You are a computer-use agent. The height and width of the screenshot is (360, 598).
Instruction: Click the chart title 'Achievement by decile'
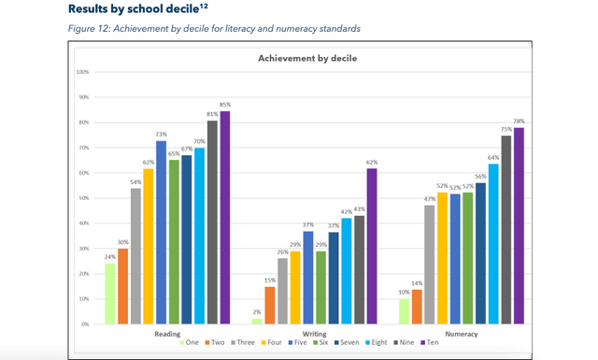click(307, 58)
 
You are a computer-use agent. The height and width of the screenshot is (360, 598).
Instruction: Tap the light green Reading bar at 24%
click(110, 294)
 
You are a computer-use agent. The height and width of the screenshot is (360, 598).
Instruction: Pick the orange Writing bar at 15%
click(269, 305)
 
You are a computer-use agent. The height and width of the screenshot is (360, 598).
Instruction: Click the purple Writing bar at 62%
click(372, 246)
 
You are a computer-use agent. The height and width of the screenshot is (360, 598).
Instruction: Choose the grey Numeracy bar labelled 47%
click(430, 265)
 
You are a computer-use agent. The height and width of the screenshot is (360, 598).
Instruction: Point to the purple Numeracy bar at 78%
click(519, 225)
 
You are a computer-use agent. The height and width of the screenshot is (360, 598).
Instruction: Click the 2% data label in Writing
click(257, 312)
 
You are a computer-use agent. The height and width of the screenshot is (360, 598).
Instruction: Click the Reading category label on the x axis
click(167, 333)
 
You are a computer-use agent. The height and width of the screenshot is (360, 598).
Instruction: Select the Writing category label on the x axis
click(314, 333)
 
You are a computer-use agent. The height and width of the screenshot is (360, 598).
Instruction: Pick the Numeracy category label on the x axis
click(462, 333)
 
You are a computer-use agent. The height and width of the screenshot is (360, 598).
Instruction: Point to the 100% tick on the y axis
click(82, 72)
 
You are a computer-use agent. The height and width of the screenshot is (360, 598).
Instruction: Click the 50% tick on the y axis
click(83, 198)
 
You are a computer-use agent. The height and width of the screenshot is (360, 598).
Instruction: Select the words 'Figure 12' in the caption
click(89, 28)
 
